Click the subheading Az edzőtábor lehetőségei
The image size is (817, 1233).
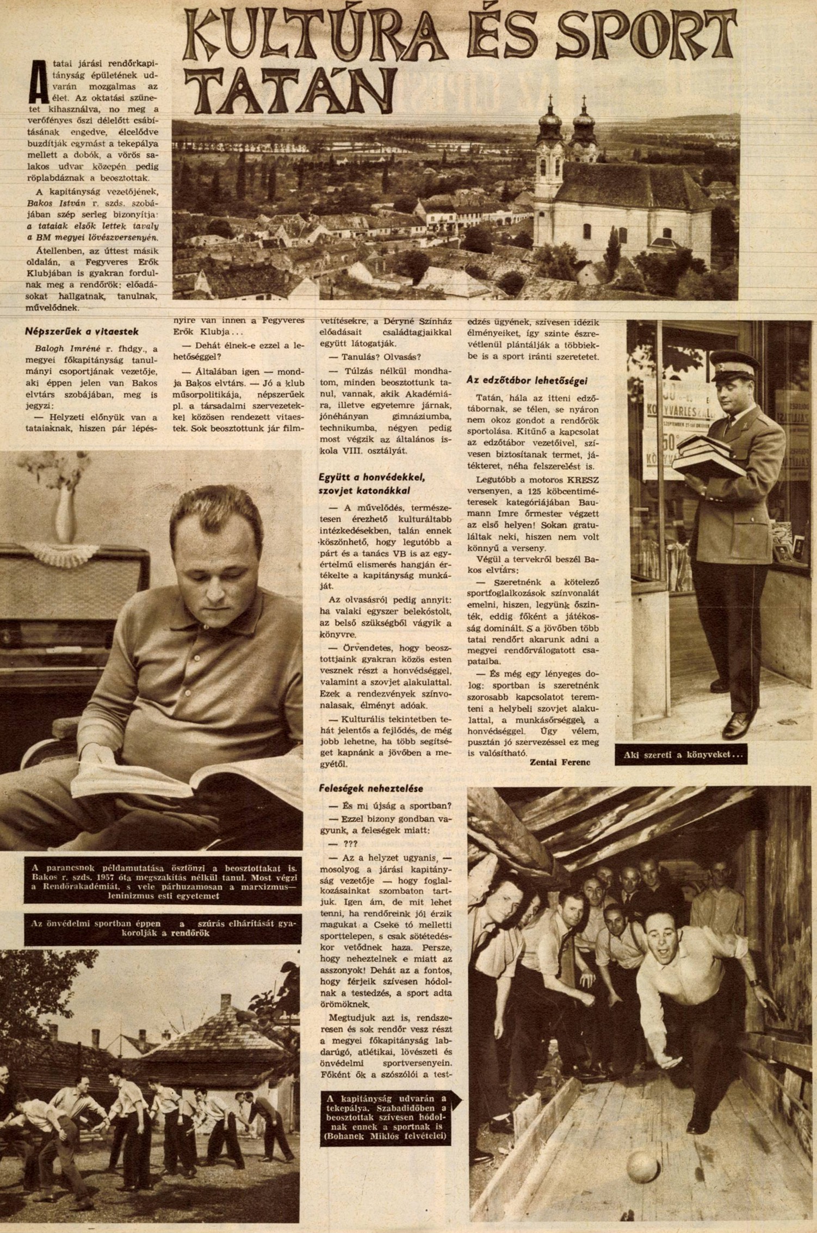528,381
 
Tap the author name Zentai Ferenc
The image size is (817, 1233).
559,762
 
